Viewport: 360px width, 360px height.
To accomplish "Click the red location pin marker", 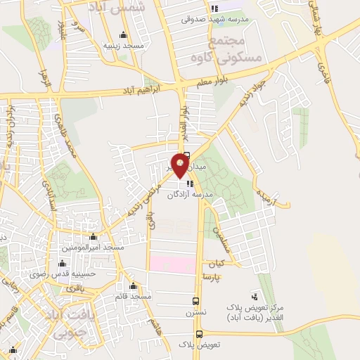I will pyautogui.click(x=181, y=165).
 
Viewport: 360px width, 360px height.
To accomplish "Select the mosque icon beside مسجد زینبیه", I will pyautogui.click(x=124, y=35).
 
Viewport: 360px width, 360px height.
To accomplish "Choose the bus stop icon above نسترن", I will pyautogui.click(x=197, y=300).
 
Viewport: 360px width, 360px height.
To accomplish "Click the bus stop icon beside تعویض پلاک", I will pyautogui.click(x=200, y=335).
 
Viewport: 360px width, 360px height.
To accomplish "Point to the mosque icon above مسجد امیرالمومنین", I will pyautogui.click(x=94, y=237).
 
